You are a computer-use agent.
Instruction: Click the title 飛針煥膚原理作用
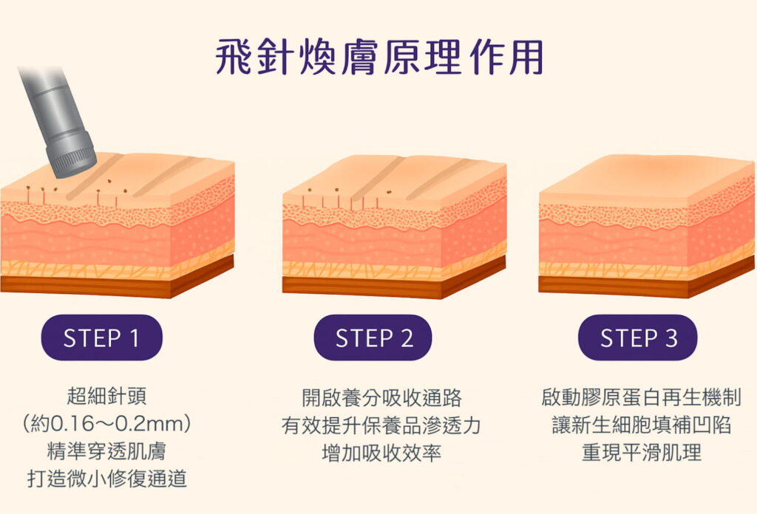pos(378,57)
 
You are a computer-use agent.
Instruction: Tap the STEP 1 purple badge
pos(101,337)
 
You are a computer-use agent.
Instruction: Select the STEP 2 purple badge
pos(373,337)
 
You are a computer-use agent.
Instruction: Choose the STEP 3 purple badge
pos(638,337)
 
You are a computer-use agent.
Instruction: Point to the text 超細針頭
pos(106,397)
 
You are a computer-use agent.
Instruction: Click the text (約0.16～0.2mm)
pos(106,424)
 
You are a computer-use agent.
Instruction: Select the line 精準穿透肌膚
pos(106,451)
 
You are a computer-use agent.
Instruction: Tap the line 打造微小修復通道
pos(106,479)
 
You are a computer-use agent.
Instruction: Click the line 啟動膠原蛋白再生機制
pos(641,397)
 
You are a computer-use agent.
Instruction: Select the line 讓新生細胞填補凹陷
pos(641,425)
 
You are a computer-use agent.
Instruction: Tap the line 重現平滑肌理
pos(641,452)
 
